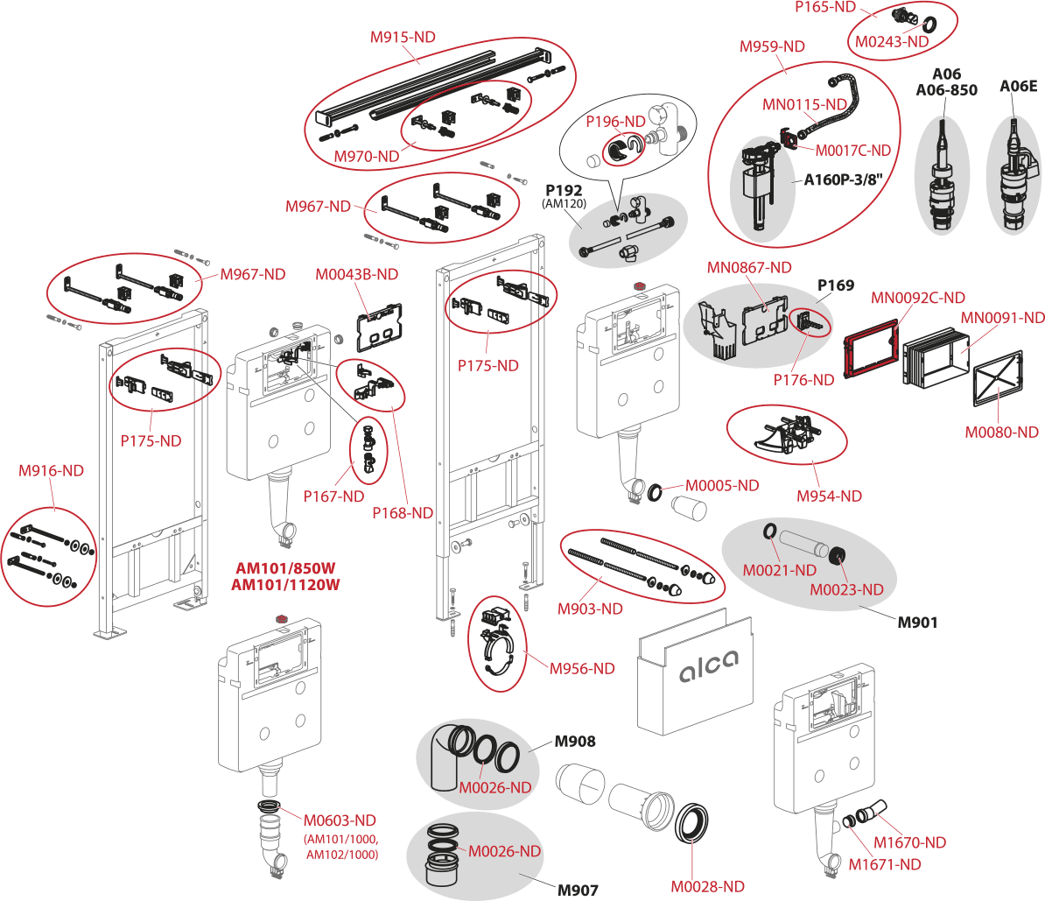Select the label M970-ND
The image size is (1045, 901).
point(366,156)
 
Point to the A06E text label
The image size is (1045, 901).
point(1018,87)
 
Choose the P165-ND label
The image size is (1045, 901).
point(824,6)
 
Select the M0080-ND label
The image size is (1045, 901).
point(1001,432)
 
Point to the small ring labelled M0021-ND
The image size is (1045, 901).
point(768,532)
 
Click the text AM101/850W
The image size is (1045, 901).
point(285,567)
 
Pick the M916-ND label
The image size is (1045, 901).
point(51,470)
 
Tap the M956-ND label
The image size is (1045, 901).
point(582,668)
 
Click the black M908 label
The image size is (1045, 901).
point(575,742)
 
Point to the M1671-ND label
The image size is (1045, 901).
point(885,864)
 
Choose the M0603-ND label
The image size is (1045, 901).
point(340,820)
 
